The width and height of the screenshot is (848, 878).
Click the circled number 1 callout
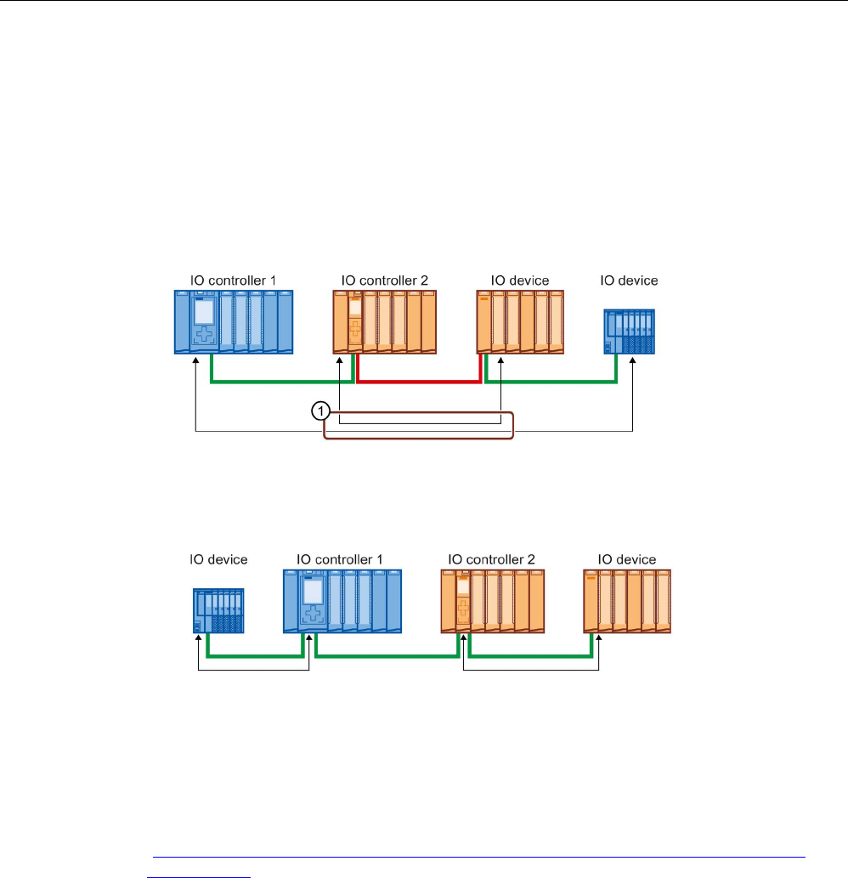point(319,411)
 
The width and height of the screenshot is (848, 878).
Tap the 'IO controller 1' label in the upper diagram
point(233,280)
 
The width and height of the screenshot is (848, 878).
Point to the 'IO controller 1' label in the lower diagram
point(340,559)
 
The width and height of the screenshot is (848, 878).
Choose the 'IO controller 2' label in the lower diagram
point(491,559)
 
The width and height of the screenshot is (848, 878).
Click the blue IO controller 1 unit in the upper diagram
point(233,321)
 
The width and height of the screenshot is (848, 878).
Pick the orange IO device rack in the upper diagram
point(520,321)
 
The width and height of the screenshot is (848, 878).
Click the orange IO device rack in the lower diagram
point(628,602)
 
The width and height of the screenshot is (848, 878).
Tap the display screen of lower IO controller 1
point(313,590)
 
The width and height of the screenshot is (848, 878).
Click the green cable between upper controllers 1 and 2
point(280,382)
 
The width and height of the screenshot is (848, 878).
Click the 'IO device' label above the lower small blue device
point(218,559)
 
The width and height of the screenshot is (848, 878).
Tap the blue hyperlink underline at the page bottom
point(476,858)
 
